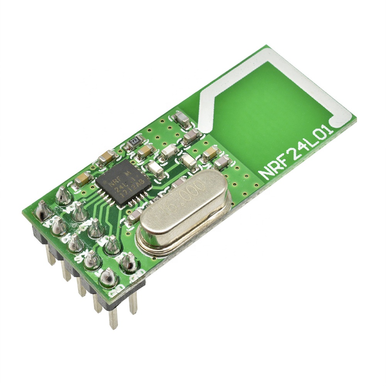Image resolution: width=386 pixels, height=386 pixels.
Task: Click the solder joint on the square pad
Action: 43,211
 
